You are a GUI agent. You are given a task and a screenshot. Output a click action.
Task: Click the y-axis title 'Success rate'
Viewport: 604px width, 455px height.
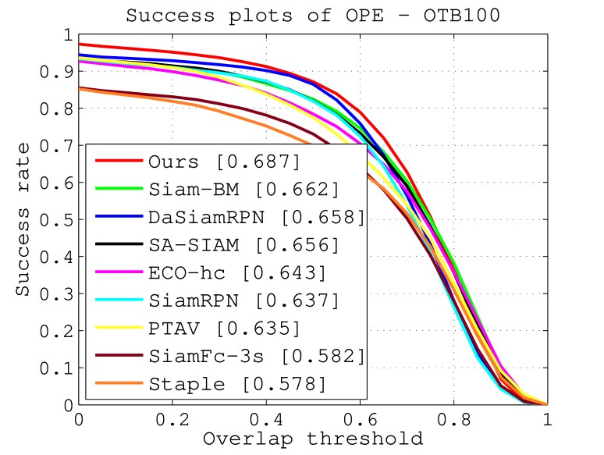24,219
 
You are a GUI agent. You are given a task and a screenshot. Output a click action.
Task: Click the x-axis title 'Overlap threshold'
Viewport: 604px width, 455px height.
312,438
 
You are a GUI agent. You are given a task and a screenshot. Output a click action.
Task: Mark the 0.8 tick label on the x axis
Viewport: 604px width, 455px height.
453,419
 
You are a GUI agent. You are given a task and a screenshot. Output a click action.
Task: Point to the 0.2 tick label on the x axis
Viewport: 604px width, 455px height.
172,419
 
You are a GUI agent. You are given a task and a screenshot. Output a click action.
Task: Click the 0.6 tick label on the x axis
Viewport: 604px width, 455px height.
360,419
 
